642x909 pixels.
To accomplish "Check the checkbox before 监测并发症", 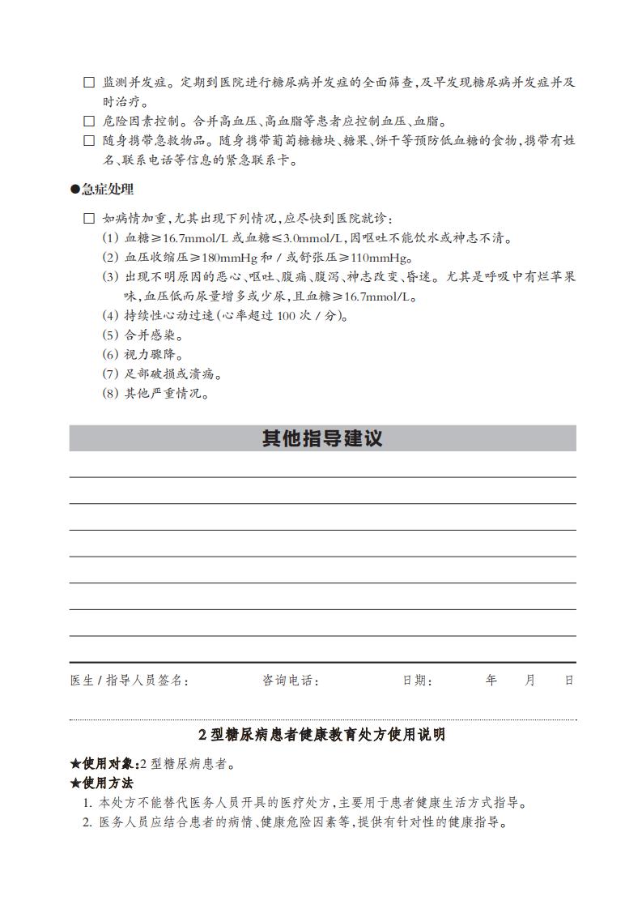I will [x=89, y=83].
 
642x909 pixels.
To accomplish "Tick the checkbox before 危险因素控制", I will [x=89, y=122].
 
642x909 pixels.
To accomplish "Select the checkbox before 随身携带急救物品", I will [x=89, y=141].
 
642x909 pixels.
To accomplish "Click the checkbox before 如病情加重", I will [x=89, y=219].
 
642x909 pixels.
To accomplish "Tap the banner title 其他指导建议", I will [x=322, y=438].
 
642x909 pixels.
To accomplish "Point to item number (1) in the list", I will [x=110, y=238].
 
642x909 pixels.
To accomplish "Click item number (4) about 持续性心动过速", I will [x=110, y=316].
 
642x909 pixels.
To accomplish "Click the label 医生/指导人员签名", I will [x=130, y=681].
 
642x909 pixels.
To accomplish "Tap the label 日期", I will [x=417, y=681].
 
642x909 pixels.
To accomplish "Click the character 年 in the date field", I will [x=491, y=681].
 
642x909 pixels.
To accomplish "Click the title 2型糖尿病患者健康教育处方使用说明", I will [x=322, y=736].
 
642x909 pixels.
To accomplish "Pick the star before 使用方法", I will [x=75, y=783].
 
